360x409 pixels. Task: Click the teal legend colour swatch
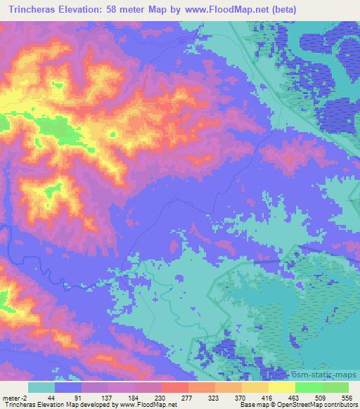click(x=41, y=388)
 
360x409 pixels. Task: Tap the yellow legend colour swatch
click(x=282, y=388)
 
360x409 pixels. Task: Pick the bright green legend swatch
click(x=309, y=388)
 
